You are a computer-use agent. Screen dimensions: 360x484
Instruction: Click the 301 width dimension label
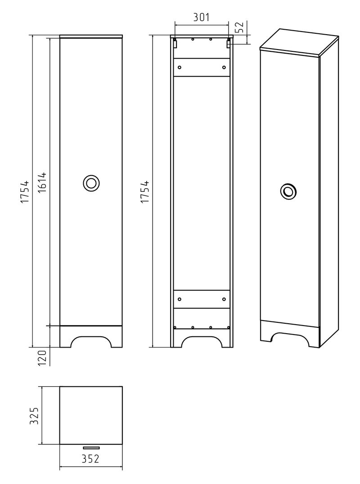[x=202, y=17]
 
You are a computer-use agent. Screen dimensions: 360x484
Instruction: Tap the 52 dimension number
[x=240, y=27]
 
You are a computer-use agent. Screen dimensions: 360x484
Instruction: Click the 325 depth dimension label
[x=34, y=416]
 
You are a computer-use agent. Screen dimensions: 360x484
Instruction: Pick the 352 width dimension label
[x=91, y=459]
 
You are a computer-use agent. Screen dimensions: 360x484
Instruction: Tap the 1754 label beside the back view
[x=145, y=192]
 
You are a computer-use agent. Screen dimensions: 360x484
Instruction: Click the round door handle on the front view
[x=91, y=183]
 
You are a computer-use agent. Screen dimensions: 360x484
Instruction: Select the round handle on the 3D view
[x=289, y=191]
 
